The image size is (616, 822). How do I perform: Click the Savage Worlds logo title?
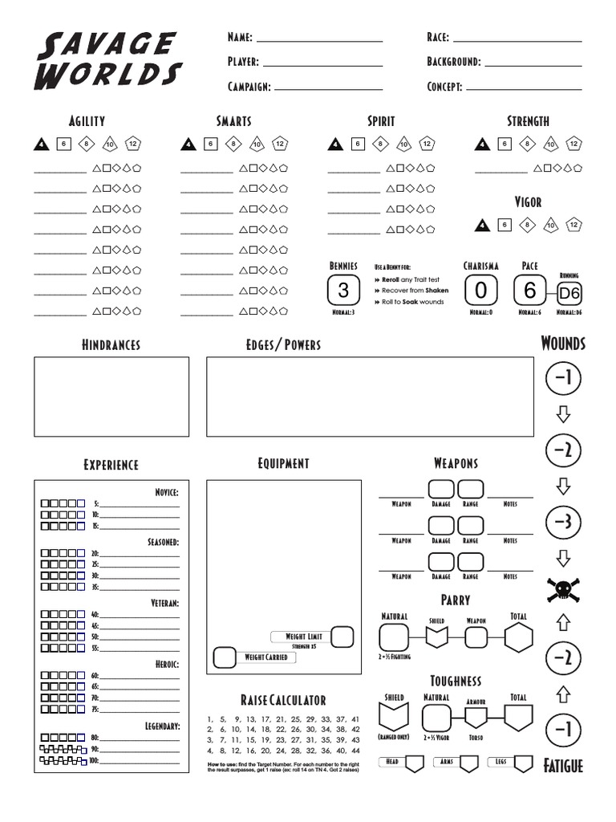[x=108, y=59]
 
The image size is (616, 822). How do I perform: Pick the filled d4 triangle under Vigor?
[x=482, y=226]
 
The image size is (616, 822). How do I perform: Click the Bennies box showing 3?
[x=343, y=290]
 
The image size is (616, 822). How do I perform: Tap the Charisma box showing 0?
[x=480, y=290]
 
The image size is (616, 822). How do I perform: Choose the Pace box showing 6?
[x=529, y=290]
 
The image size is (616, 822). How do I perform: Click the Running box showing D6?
[x=569, y=293]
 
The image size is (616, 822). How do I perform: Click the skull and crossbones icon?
[x=563, y=590]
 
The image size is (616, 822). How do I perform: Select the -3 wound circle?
[x=563, y=523]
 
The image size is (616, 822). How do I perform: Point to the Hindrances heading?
[x=111, y=345]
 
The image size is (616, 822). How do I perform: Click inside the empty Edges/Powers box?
[x=370, y=397]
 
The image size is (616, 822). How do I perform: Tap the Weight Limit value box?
[x=342, y=637]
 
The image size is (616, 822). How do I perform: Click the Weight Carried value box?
[x=224, y=657]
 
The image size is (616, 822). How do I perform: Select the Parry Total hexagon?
[x=518, y=638]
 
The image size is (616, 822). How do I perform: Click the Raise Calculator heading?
[x=282, y=701]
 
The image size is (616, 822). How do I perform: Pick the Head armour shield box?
[x=415, y=763]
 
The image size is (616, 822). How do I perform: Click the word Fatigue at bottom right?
[x=562, y=765]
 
